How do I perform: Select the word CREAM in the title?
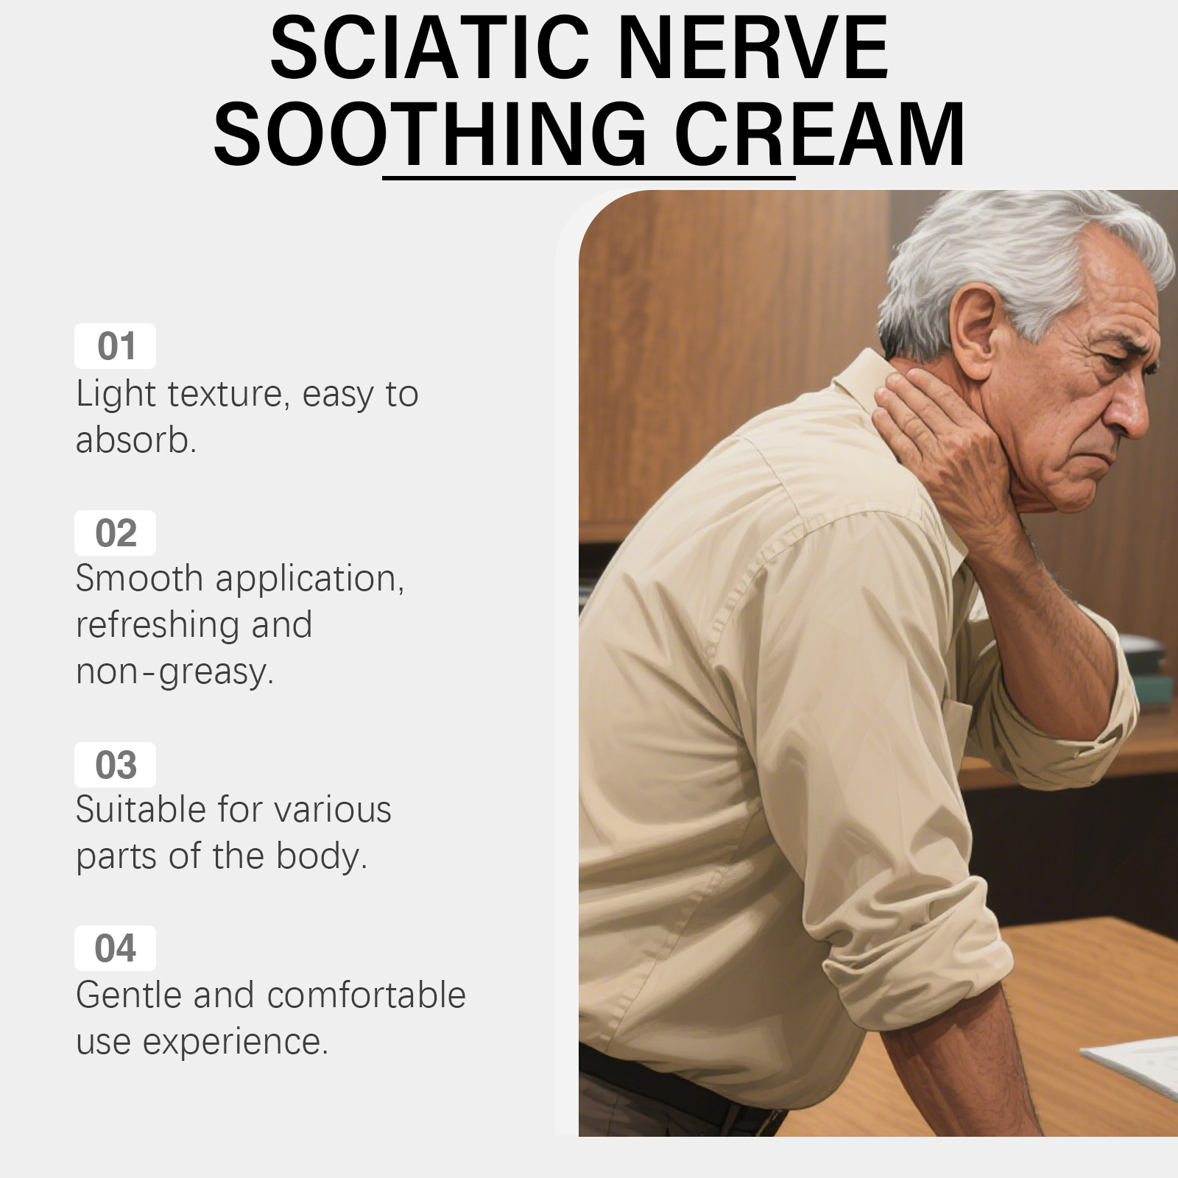819,135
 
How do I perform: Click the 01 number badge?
116,346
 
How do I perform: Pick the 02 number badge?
116,533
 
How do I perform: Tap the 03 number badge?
116,765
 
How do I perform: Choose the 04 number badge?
116,948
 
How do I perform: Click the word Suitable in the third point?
140,809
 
